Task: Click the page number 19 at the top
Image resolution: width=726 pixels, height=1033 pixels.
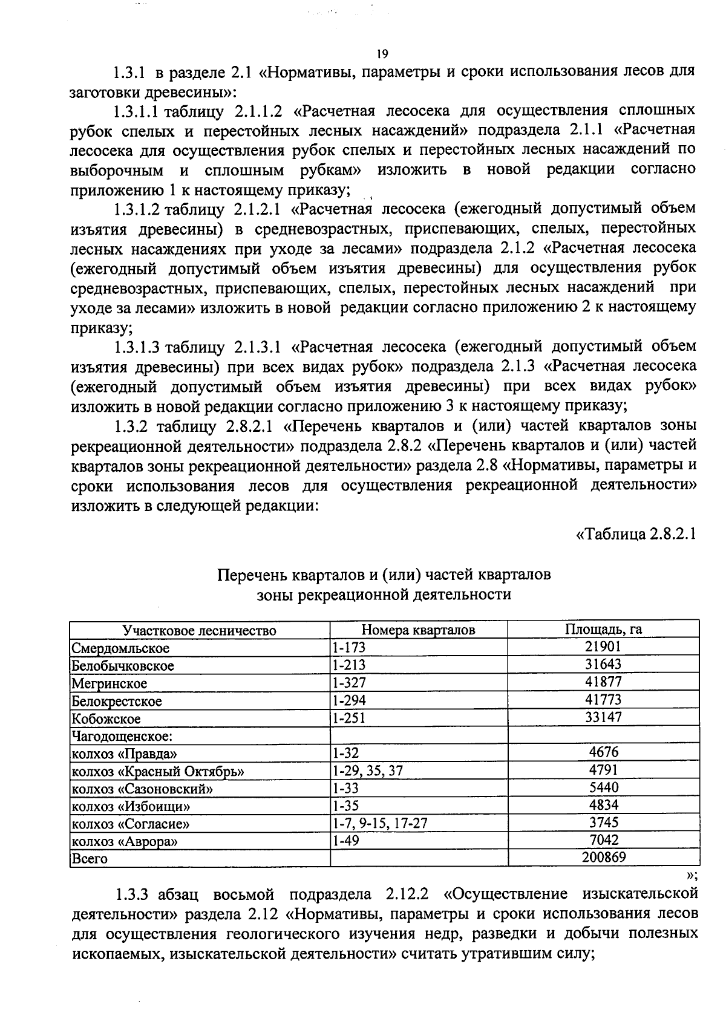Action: click(381, 53)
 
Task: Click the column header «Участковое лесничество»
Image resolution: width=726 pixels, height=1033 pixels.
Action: click(199, 630)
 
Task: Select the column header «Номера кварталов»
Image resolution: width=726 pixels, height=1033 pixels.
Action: click(418, 630)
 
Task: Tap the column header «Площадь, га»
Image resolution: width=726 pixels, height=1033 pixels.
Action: click(603, 629)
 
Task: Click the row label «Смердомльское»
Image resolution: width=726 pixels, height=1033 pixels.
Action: click(120, 648)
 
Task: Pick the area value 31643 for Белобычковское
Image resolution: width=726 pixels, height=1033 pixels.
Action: click(603, 665)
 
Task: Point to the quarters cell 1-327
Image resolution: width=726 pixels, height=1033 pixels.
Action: click(349, 683)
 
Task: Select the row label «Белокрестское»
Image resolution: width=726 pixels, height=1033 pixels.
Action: click(117, 701)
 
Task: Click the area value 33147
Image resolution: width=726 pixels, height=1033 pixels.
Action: click(603, 717)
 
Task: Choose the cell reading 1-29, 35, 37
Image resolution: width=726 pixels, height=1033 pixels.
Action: click(367, 771)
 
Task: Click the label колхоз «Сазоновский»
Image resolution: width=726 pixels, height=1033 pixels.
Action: click(142, 789)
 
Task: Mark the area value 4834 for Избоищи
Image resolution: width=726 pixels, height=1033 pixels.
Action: click(603, 805)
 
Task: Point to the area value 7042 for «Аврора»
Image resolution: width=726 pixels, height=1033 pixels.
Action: click(603, 840)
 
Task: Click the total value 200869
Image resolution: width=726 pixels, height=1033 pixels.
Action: click(603, 857)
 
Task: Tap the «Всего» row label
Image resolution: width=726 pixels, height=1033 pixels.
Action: click(90, 858)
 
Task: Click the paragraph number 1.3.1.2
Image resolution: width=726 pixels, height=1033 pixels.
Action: click(137, 209)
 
